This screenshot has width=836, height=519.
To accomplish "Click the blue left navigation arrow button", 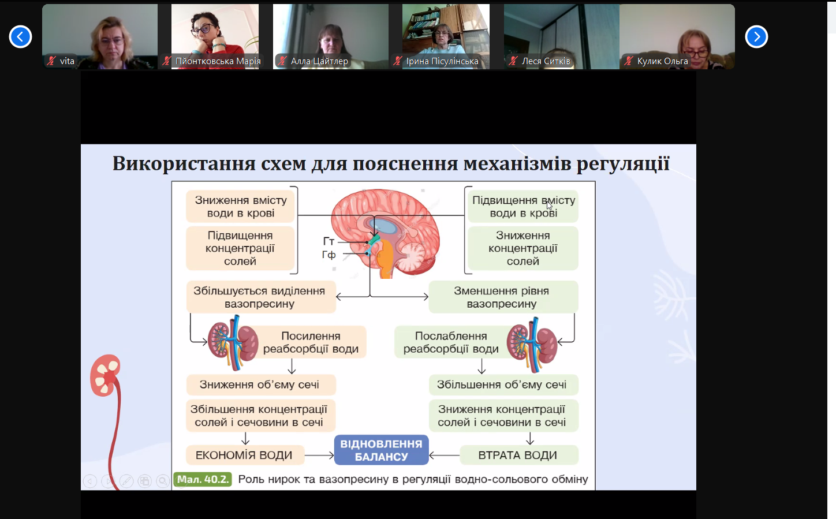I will (20, 37).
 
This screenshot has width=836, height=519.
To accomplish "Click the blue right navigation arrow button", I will (756, 37).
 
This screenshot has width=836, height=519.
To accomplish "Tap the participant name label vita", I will (67, 61).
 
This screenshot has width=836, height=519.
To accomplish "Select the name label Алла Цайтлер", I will (319, 61).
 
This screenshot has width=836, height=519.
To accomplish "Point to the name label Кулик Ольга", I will (662, 61).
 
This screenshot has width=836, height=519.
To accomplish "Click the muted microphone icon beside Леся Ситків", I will (513, 61).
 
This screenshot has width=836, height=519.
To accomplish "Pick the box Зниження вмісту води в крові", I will (241, 207).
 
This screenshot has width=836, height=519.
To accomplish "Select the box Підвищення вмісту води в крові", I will (523, 207).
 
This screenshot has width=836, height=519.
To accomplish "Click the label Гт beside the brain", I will (329, 241).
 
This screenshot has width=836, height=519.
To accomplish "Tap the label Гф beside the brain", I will (329, 255).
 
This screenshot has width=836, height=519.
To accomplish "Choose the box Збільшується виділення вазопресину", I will (259, 297).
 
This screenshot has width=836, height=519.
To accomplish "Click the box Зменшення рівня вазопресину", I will (502, 297).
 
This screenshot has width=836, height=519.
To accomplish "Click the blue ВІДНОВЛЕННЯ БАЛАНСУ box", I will (381, 450).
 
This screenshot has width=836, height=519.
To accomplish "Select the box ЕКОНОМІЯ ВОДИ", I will (244, 455).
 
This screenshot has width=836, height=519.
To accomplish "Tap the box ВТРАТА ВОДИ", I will (517, 455).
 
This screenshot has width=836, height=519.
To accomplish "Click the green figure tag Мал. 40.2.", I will (203, 479).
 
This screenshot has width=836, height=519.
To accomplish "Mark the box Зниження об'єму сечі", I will (259, 384).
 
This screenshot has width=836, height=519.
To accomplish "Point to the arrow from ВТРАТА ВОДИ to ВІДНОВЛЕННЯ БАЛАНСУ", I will (444, 455).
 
